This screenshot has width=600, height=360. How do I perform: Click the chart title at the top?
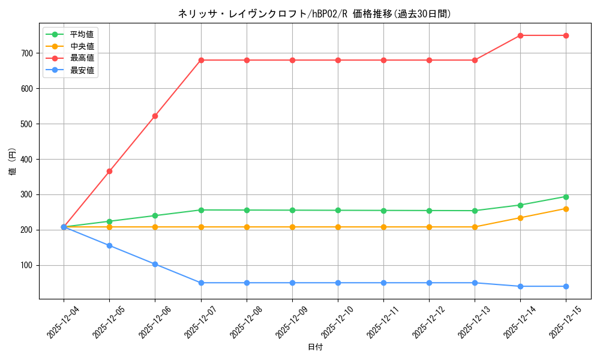point(314,14)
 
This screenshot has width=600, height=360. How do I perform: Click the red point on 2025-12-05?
point(109,171)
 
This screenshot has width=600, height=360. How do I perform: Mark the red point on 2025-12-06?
point(155,116)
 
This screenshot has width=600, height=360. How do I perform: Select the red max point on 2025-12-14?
point(520,35)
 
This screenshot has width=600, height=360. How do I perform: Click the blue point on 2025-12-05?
point(109,245)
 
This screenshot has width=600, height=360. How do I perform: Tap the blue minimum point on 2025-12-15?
point(566,286)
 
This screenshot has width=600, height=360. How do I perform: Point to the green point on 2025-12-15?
point(566,197)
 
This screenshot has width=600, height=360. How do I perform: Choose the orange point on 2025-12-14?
point(520,218)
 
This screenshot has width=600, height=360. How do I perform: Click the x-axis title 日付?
point(315,347)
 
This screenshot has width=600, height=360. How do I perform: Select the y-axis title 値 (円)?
point(13,162)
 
